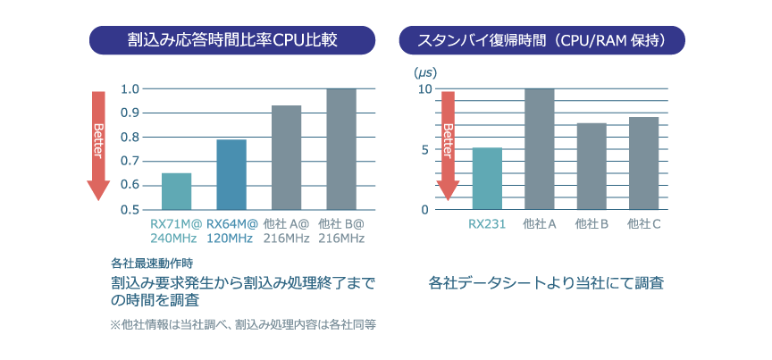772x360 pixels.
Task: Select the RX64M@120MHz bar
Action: coord(231,174)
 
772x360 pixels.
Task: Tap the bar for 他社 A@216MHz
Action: coord(286,157)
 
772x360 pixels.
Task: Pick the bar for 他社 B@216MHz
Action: coord(341,149)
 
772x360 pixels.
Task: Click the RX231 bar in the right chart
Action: coord(487,178)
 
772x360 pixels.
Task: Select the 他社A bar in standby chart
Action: coord(539,148)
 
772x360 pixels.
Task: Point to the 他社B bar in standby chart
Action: coord(592,165)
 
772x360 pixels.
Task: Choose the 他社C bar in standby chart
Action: coord(643,163)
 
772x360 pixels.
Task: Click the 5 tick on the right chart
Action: coord(424,149)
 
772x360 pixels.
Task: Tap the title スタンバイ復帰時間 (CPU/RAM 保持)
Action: coord(541,39)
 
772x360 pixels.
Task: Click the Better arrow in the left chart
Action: coord(98,143)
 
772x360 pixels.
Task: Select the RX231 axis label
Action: coord(486,223)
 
